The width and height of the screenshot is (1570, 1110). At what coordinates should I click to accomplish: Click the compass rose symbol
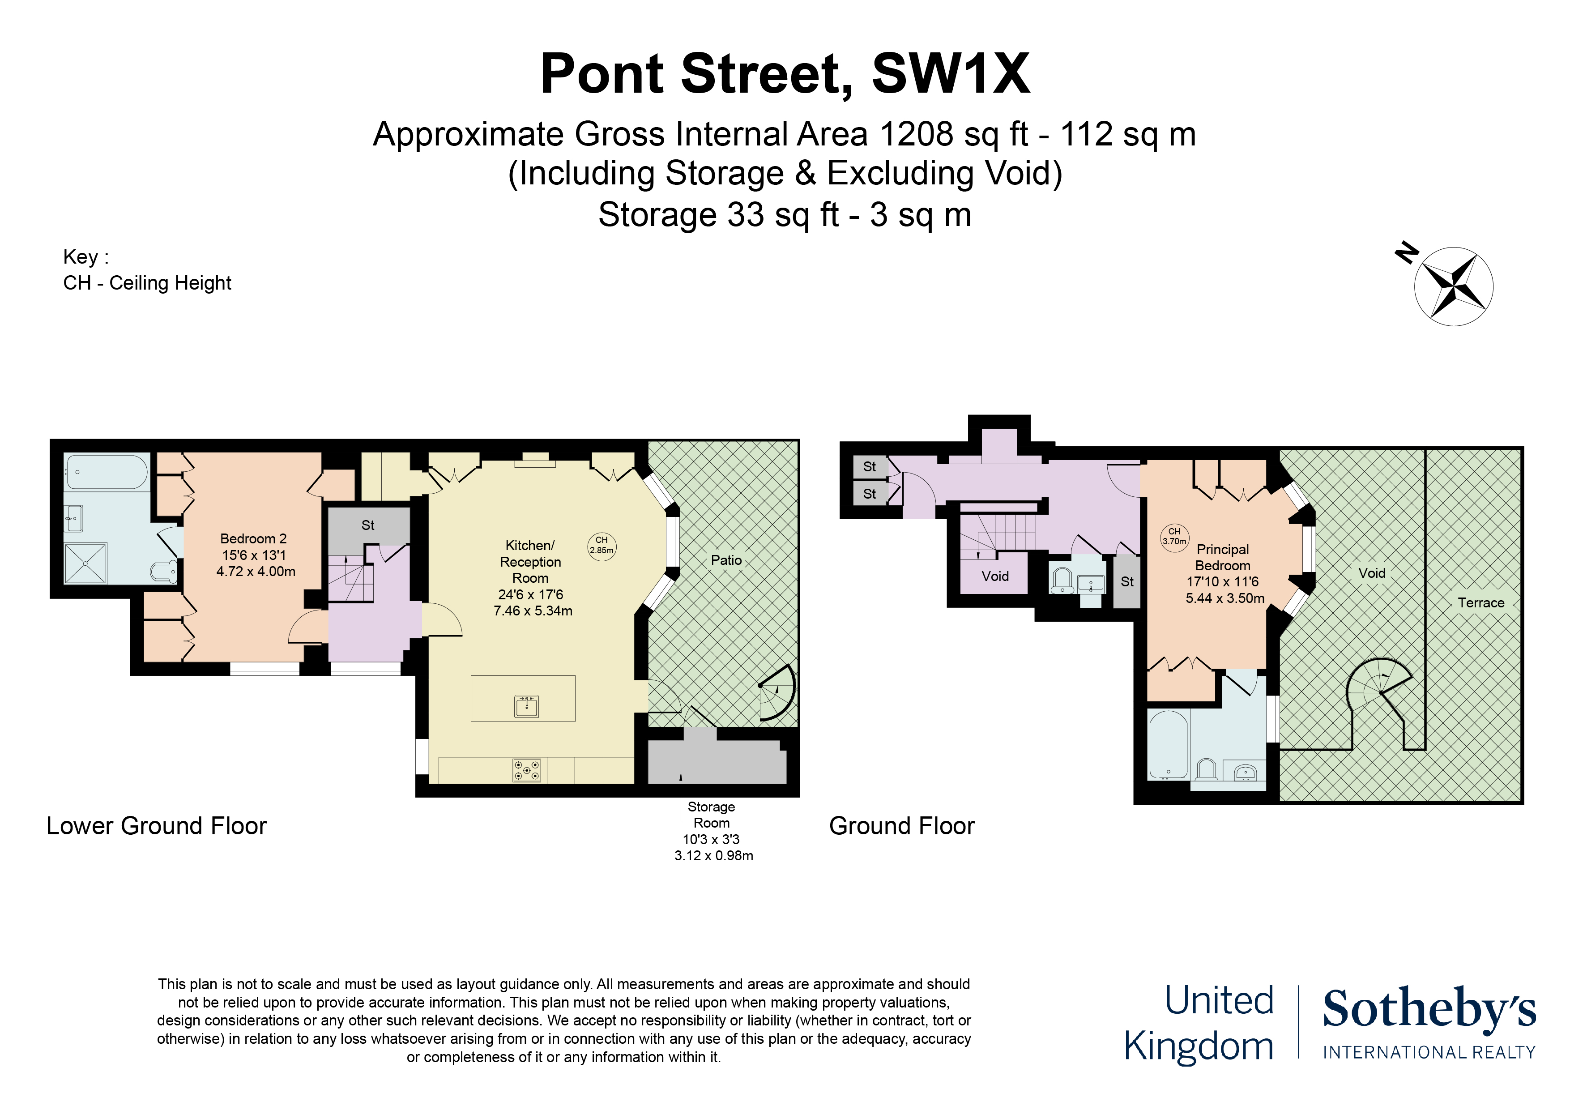[1454, 286]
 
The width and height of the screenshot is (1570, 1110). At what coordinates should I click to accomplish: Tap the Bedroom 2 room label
[253, 539]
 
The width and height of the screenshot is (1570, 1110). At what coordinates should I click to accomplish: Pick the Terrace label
[1481, 602]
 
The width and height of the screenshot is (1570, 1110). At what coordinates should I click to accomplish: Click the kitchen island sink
[526, 706]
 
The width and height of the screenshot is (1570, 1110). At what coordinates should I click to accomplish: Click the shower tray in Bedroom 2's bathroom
[85, 563]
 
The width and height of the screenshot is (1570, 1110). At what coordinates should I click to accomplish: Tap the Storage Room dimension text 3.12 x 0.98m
[713, 856]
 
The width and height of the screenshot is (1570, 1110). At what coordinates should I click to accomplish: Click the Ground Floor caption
[901, 826]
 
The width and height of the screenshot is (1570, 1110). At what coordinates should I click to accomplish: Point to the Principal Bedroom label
[1223, 557]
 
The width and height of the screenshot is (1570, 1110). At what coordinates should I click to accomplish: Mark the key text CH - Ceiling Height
[147, 283]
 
